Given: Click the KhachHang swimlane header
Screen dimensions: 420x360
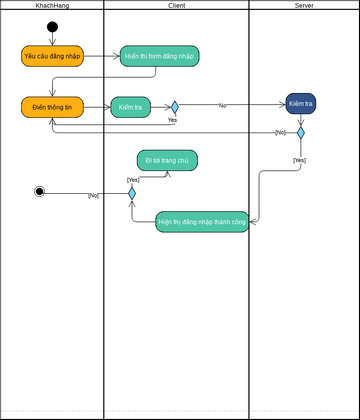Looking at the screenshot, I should pos(52,6).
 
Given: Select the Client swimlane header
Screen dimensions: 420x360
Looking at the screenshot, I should pos(176,6).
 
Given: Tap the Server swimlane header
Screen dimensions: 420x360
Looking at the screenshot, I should pos(304,6).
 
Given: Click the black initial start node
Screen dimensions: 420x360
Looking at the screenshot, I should pos(52,27).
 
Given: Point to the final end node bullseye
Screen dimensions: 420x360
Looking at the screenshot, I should pos(39,192).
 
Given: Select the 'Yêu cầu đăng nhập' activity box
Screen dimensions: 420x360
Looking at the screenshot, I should pos(52,56).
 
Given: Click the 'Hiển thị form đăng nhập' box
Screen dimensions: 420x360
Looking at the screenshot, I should pos(159,56).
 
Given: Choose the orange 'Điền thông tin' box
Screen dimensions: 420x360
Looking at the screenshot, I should pos(52,107).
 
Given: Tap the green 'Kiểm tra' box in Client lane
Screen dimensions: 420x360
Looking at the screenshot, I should pos(130,107).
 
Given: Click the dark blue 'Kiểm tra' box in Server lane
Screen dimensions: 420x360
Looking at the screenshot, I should pos(300,104).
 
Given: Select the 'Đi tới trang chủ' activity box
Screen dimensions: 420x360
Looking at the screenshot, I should pos(167,160).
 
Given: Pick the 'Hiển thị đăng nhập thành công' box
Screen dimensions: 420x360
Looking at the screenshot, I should pos(202,222).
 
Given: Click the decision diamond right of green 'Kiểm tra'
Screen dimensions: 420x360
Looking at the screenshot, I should pos(174,107).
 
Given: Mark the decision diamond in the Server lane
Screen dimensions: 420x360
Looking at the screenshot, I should pos(300,132).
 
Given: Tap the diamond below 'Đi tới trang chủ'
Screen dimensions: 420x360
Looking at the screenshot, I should pos(131,193).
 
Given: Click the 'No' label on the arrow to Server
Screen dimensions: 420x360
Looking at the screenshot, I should pos(222,105).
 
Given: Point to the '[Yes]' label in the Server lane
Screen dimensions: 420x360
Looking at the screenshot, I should pos(299,160).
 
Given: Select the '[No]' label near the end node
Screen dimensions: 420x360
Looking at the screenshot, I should pos(93,196).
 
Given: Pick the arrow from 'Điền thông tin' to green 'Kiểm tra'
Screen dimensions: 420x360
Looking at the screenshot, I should pos(96,107).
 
